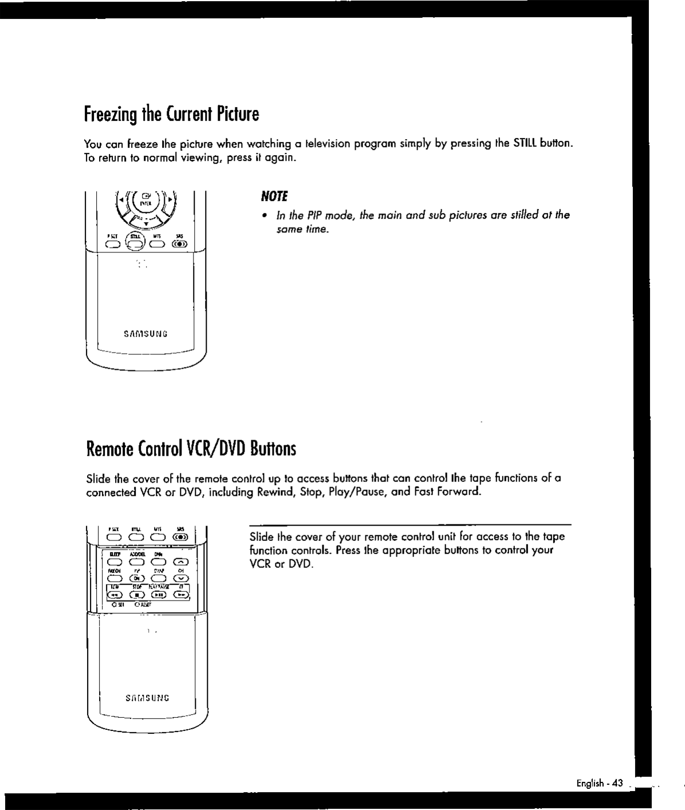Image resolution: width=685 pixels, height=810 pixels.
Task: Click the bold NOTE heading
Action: [274, 197]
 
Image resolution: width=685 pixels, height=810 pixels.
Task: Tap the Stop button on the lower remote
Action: [136, 595]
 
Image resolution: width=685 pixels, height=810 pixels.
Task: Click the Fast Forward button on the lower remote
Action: [181, 595]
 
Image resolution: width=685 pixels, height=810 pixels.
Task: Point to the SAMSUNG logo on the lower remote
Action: [147, 698]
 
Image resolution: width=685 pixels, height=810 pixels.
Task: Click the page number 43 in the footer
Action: [617, 783]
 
